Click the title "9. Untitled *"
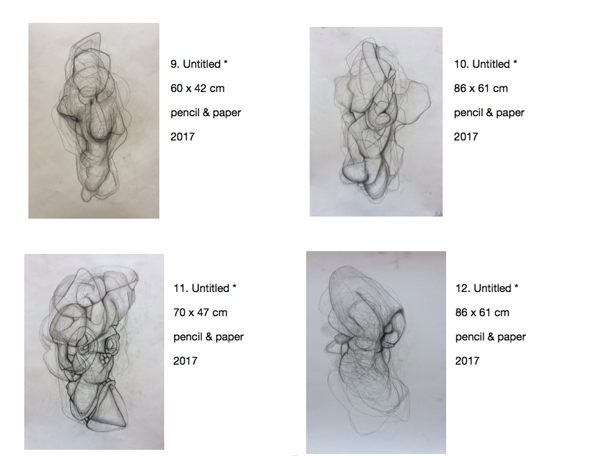[199, 64]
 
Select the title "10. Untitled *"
[485, 64]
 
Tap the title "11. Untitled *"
[205, 289]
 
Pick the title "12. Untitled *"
[487, 289]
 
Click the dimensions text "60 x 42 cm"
[197, 89]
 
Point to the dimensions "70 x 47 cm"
[200, 313]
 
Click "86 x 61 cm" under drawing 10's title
[481, 89]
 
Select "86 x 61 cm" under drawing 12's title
[482, 313]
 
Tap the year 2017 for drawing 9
[183, 137]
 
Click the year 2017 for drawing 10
[466, 137]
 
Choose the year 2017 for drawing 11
[186, 361]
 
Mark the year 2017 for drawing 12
[468, 361]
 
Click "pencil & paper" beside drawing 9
[206, 113]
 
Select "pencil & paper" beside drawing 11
[209, 337]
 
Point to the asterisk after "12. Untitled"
[516, 286]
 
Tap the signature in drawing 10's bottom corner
[438, 213]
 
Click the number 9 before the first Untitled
[174, 64]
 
